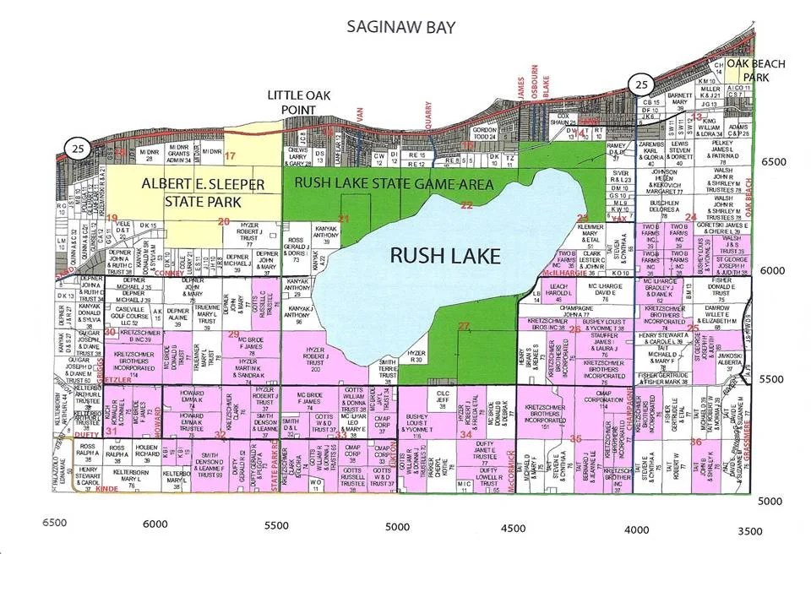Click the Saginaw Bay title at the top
pos(401,27)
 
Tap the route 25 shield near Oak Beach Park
pos(640,84)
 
